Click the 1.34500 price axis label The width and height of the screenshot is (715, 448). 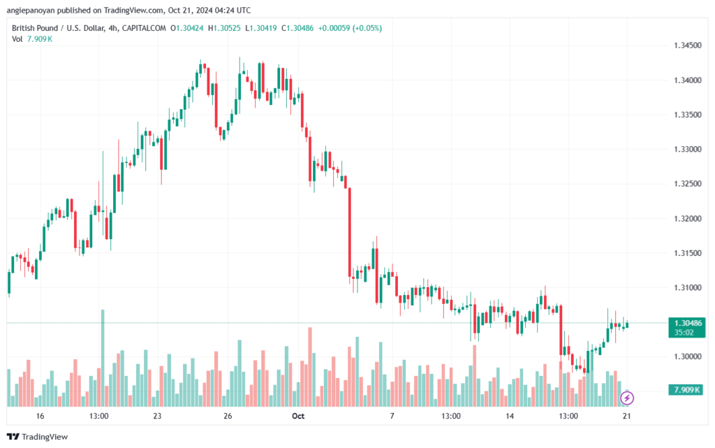pyautogui.click(x=688, y=45)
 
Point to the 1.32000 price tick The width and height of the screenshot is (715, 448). pyautogui.click(x=688, y=218)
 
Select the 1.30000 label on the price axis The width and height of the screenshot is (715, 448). pyautogui.click(x=688, y=356)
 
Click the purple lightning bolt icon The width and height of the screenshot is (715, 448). pyautogui.click(x=627, y=398)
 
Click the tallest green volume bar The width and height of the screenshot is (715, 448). pyautogui.click(x=103, y=356)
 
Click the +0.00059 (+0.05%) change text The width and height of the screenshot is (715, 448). pyautogui.click(x=350, y=28)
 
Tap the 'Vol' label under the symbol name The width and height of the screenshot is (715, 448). pyautogui.click(x=17, y=38)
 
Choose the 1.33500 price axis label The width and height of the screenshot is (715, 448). pyautogui.click(x=688, y=115)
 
